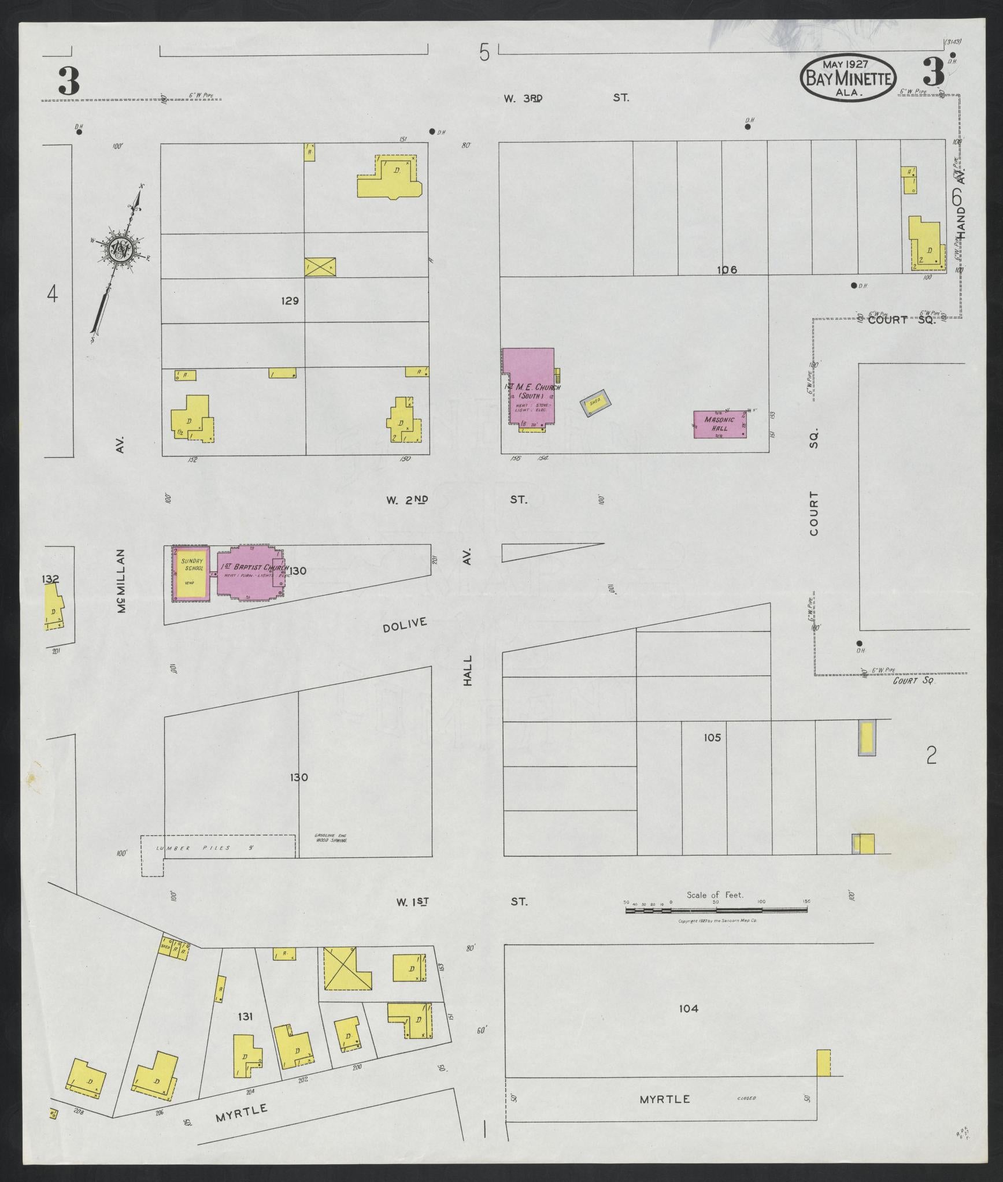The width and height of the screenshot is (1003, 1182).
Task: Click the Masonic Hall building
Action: coord(720,424)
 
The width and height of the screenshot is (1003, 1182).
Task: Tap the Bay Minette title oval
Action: coord(848,79)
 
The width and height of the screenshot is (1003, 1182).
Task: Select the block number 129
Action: coord(289,300)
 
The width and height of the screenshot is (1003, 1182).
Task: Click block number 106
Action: coord(726,269)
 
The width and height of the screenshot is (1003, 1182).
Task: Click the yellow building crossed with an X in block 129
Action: coord(320,266)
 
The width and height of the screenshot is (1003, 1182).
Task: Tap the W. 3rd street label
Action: coord(523,98)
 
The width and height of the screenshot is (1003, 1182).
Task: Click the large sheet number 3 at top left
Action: coord(68,81)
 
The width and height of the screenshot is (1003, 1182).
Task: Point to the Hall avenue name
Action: coord(468,670)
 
